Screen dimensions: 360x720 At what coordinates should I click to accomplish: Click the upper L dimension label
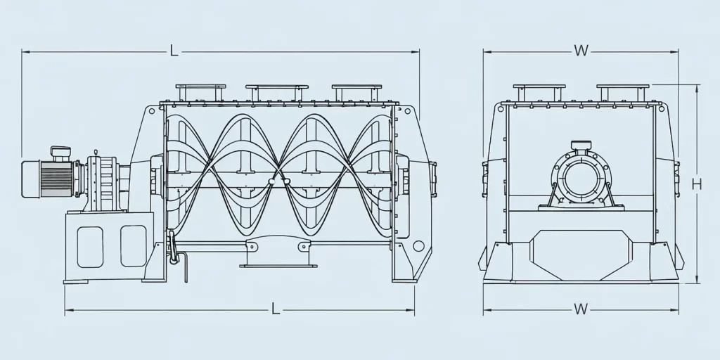(x=174, y=51)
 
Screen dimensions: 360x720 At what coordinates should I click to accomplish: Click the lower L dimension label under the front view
(x=276, y=309)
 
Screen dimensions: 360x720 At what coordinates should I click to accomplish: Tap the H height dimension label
(x=696, y=184)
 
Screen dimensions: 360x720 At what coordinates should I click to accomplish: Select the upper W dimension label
(x=580, y=51)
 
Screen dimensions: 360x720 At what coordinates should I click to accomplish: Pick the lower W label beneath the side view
(x=580, y=309)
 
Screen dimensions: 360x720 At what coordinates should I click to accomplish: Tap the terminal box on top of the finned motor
(x=60, y=152)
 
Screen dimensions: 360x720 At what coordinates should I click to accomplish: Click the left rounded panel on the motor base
(x=90, y=246)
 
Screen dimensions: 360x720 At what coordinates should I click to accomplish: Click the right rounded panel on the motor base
(x=133, y=246)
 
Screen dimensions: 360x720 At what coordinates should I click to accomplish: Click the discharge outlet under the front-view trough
(x=275, y=254)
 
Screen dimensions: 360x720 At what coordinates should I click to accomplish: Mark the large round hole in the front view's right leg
(x=419, y=246)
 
